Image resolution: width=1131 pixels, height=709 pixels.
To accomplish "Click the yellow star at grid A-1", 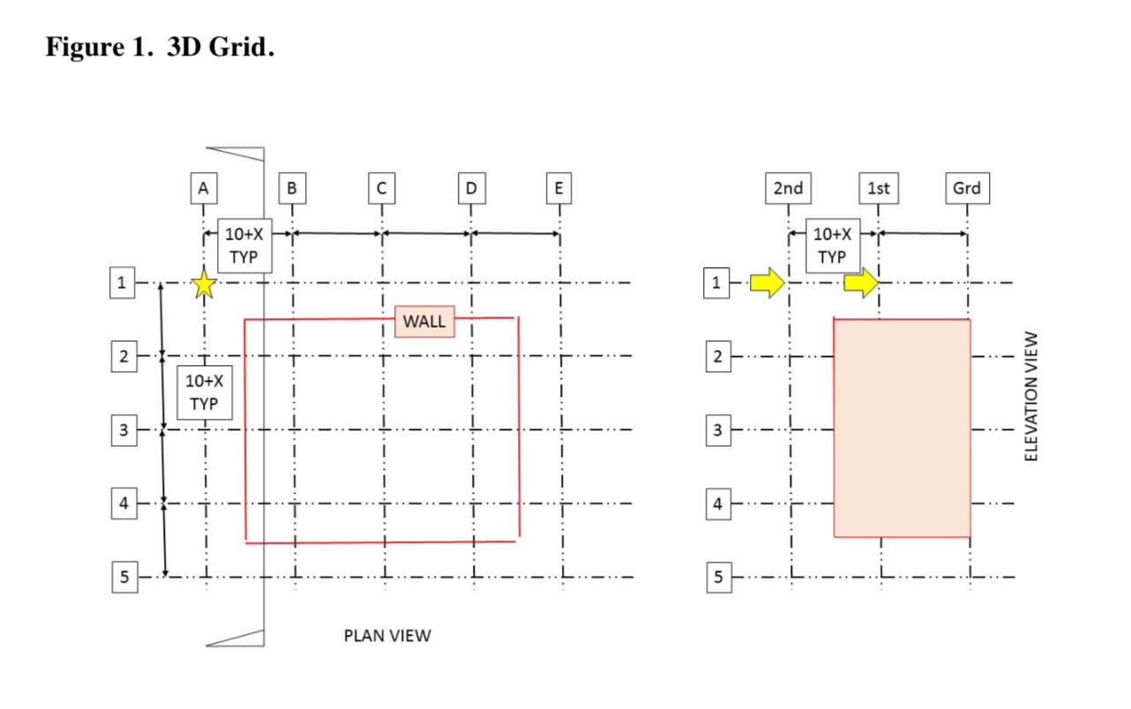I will (x=204, y=284).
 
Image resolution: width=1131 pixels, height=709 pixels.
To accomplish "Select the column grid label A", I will (x=204, y=188).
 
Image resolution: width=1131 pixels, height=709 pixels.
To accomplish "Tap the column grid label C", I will (x=381, y=188).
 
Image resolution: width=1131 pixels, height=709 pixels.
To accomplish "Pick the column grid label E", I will (x=559, y=188).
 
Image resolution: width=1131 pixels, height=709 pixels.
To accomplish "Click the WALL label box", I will (x=424, y=322).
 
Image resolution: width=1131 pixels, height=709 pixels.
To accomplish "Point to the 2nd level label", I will (x=788, y=188).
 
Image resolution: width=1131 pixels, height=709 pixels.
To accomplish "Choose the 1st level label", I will (x=878, y=188).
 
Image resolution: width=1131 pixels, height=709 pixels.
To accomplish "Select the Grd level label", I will (x=967, y=188).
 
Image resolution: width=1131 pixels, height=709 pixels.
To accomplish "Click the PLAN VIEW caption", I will (x=387, y=636).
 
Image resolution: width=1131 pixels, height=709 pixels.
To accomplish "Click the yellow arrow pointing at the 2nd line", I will (x=767, y=283).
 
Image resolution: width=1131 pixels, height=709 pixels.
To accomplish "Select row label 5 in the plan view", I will (x=124, y=578).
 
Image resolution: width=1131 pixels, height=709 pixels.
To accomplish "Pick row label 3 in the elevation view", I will (x=717, y=431).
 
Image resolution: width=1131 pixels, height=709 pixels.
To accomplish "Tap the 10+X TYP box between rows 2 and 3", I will (x=205, y=392).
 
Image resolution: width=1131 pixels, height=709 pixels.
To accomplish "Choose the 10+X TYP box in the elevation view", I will (x=832, y=245).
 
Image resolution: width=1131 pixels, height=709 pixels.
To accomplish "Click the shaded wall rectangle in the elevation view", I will (x=902, y=428).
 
